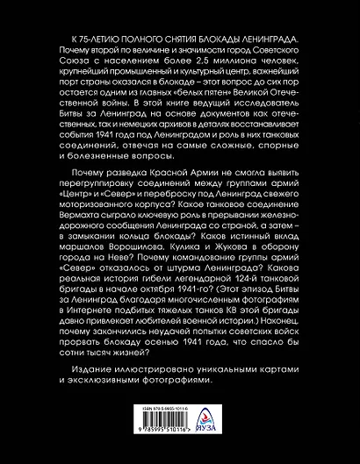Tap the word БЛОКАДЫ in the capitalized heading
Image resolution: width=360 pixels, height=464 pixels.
pyautogui.click(x=208, y=43)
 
